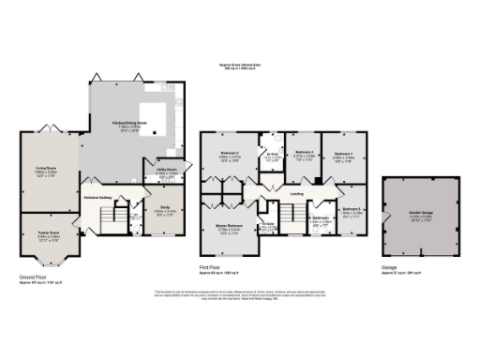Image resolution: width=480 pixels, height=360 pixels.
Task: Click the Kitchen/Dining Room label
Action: (127, 123)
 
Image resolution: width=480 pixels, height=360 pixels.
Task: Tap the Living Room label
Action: (47, 170)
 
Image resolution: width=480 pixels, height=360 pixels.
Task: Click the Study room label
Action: (164, 209)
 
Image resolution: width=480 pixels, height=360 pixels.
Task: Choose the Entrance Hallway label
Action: (99, 198)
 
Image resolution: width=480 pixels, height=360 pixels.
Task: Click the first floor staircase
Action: (291, 221)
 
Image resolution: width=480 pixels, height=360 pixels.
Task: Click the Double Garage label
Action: (418, 214)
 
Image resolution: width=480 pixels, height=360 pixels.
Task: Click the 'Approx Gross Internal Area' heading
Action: (238, 67)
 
